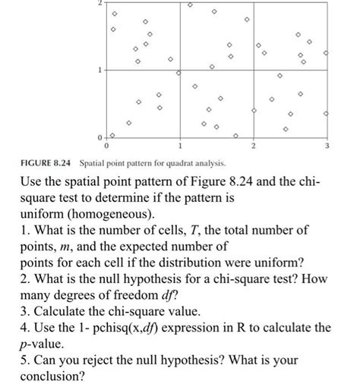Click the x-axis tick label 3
[326, 144]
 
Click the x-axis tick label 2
[254, 144]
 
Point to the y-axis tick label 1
[97, 71]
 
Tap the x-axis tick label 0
[106, 144]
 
